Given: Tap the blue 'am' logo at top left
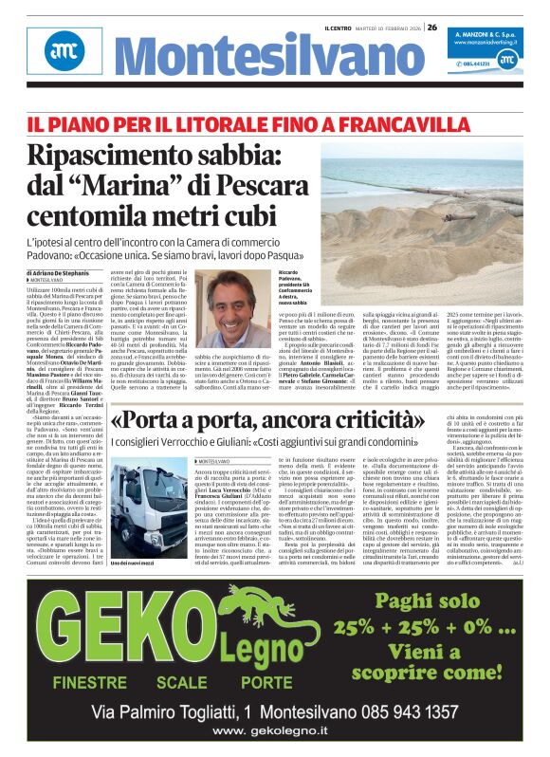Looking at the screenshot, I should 62,50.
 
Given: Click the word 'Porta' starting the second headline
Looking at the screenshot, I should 165,419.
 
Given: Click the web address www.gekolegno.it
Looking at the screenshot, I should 274,731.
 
